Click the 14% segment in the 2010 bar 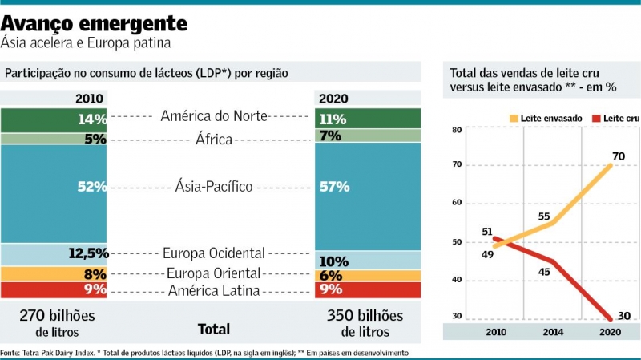[x=54, y=119]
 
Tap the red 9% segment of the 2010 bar [x=54, y=289]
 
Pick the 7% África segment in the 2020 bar [x=367, y=136]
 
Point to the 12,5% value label [x=88, y=253]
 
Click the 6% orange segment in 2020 [x=367, y=275]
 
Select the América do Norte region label [x=214, y=116]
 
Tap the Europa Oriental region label [x=214, y=273]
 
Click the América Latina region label [x=214, y=289]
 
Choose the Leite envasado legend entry [x=546, y=118]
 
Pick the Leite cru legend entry [x=617, y=118]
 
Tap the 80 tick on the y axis [x=456, y=130]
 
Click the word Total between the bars [x=213, y=329]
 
